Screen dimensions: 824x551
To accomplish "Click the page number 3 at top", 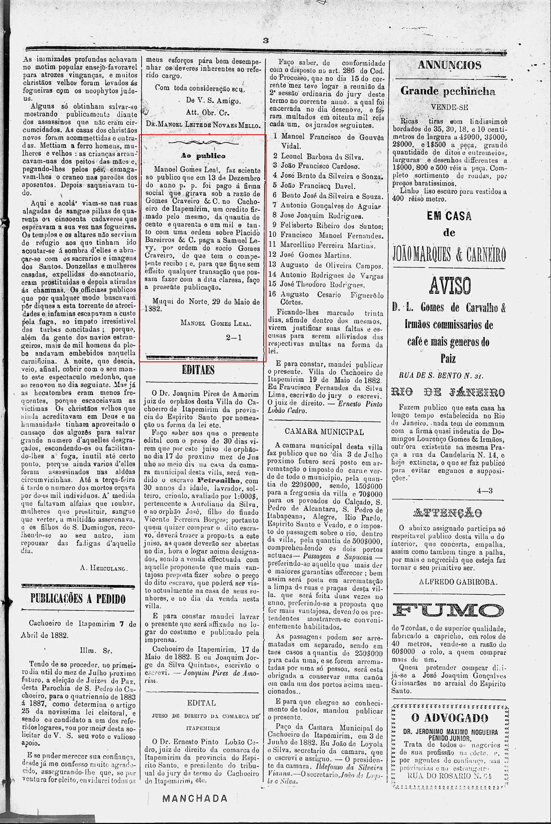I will pyautogui.click(x=265, y=40).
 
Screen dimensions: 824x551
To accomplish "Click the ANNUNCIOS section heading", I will pyautogui.click(x=449, y=65).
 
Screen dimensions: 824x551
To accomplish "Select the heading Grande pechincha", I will pyautogui.click(x=448, y=91).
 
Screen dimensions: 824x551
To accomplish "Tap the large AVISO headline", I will pyautogui.click(x=449, y=285).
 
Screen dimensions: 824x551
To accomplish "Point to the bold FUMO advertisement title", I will pyautogui.click(x=449, y=610).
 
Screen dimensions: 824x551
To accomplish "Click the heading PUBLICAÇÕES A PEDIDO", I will pyautogui.click(x=78, y=598).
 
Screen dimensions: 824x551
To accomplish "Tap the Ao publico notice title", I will pyautogui.click(x=203, y=156).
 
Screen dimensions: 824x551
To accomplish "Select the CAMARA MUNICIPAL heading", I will pyautogui.click(x=324, y=432).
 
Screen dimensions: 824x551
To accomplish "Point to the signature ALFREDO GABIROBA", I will pyautogui.click(x=458, y=582).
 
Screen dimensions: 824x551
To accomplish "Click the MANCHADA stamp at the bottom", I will pyautogui.click(x=195, y=798).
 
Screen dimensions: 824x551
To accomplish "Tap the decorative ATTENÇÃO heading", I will pyautogui.click(x=448, y=513).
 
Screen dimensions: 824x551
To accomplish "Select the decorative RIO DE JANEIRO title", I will pyautogui.click(x=448, y=392).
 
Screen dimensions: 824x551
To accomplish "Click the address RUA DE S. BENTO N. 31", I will pyautogui.click(x=441, y=376).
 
